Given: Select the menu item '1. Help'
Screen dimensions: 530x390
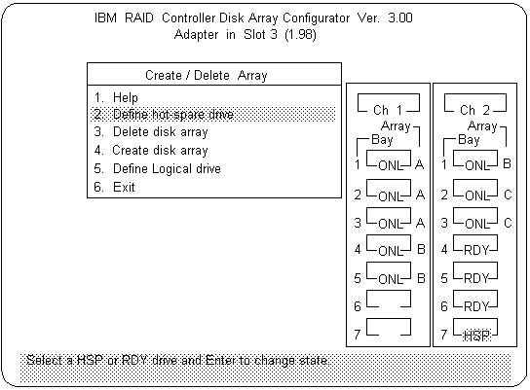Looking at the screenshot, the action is click(116, 98).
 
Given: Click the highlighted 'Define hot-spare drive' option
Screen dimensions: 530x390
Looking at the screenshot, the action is click(164, 115).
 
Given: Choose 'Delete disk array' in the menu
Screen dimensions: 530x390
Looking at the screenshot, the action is click(151, 132).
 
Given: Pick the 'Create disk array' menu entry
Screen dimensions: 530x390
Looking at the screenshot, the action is click(151, 150).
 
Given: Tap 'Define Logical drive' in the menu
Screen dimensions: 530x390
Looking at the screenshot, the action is click(157, 168).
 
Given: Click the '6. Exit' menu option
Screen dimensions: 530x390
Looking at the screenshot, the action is click(114, 187).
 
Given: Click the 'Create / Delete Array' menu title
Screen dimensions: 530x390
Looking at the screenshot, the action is click(207, 75).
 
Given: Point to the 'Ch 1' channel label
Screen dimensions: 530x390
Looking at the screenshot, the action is click(388, 110).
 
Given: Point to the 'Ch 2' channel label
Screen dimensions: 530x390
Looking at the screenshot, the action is click(474, 110).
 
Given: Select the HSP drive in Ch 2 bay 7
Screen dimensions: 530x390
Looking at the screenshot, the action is click(475, 336).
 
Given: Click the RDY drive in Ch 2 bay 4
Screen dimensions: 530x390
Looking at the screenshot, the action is click(475, 250).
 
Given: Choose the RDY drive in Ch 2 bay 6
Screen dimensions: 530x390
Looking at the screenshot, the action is click(475, 306).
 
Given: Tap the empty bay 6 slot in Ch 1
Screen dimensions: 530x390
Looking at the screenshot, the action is click(389, 306).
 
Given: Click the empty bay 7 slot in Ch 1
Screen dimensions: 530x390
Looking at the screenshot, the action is click(389, 335).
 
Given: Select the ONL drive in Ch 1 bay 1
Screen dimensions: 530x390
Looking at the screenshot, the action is click(390, 165).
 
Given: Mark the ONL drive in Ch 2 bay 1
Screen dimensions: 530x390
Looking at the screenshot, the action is click(475, 165).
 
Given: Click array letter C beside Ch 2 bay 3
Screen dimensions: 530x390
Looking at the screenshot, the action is click(508, 223).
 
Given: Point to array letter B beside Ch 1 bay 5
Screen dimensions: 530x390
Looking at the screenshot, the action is click(421, 278).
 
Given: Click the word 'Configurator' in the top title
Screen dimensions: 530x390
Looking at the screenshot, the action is click(317, 18).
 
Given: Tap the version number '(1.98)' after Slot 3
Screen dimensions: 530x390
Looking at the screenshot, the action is click(300, 35).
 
